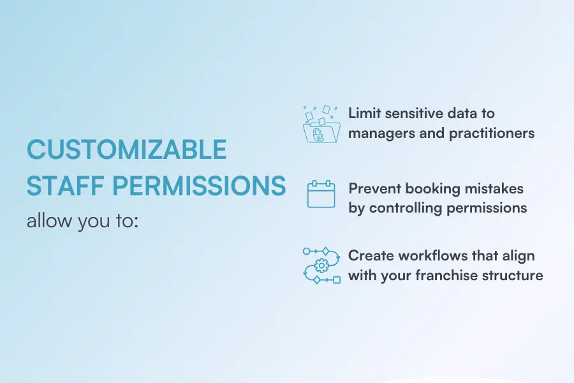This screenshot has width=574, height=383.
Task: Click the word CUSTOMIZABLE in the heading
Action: pos(127,149)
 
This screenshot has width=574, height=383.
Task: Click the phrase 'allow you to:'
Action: pos(82,221)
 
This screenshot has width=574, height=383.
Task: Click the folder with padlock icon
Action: pos(321,124)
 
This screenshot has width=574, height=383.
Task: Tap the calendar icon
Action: pos(321,194)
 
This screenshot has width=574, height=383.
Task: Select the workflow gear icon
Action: pos(321,266)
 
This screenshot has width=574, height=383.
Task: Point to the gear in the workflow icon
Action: pos(321,265)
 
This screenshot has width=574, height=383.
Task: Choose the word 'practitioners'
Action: pos(492,133)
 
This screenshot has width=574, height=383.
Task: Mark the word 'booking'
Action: pos(432,190)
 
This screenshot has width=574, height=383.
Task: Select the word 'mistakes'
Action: pos(494,189)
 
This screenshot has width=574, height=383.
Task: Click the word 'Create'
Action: pos(371,255)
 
